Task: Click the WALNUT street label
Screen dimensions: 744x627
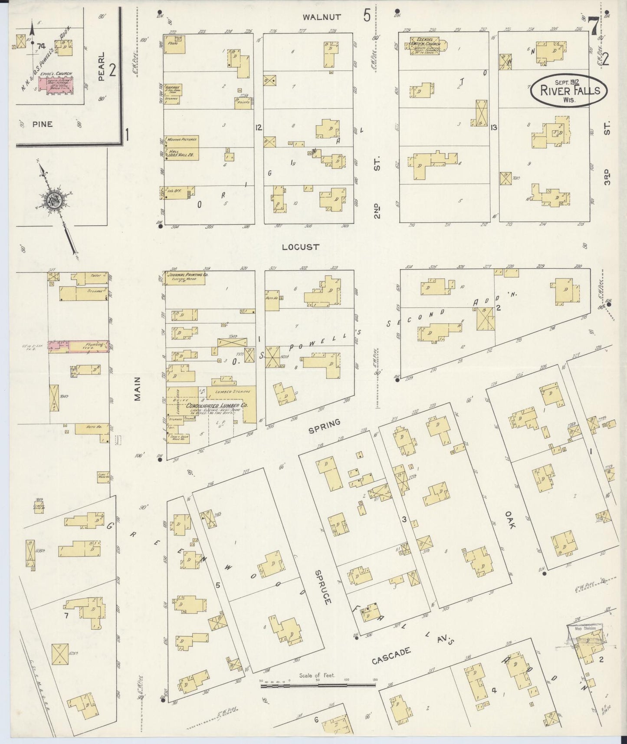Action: (322, 17)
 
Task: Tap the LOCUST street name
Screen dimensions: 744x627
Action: (300, 247)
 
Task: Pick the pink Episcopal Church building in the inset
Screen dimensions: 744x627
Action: (56, 84)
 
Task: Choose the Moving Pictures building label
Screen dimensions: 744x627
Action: (184, 140)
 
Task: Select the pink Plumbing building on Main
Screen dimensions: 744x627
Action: (79, 346)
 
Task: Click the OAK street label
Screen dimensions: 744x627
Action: (510, 519)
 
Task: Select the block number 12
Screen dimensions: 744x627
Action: (259, 128)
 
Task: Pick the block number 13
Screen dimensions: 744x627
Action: (493, 128)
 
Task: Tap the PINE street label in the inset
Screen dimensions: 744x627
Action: (42, 124)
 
